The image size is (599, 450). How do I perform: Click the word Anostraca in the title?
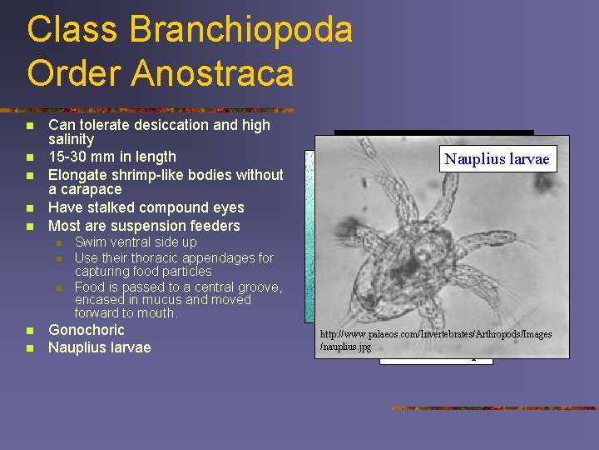coord(210,72)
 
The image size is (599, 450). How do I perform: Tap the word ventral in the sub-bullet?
coord(133,242)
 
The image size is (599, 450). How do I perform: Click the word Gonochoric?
coord(87,330)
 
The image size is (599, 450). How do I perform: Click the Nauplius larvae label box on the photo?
coord(497,159)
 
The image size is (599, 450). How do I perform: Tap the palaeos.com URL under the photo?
coord(436,339)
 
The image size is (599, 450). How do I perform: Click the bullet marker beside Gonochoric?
coord(30,330)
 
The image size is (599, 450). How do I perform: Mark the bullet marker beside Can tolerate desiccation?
coord(30,125)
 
